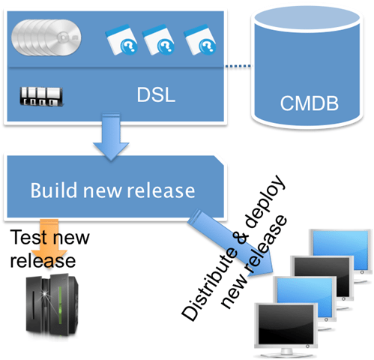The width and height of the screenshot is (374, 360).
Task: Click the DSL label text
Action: [156, 96]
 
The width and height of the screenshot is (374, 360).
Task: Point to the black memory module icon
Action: [42, 97]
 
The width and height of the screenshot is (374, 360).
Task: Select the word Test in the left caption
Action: [28, 238]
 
